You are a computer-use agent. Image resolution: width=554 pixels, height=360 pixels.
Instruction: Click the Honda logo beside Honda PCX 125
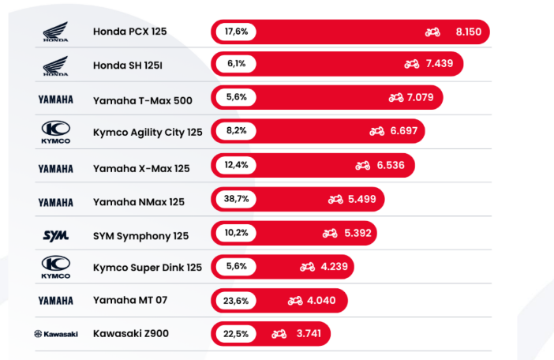click(x=55, y=32)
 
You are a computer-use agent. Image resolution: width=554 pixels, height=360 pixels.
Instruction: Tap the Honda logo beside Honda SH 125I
click(x=55, y=65)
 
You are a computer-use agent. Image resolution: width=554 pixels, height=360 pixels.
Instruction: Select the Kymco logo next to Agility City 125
click(x=55, y=132)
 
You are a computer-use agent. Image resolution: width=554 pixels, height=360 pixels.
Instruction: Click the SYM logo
click(x=55, y=235)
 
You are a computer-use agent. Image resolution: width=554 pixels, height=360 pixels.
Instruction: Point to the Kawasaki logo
click(x=56, y=334)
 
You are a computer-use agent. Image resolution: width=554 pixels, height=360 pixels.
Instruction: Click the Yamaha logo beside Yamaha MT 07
click(x=55, y=301)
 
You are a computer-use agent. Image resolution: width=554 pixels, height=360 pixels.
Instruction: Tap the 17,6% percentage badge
click(x=237, y=32)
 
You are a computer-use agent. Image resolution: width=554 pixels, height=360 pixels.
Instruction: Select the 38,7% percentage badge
click(x=237, y=199)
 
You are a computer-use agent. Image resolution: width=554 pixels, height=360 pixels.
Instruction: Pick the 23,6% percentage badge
click(x=237, y=300)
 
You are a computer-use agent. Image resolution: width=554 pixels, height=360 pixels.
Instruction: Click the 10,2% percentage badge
click(x=237, y=233)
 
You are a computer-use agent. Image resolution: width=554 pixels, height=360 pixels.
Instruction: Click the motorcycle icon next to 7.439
click(x=411, y=64)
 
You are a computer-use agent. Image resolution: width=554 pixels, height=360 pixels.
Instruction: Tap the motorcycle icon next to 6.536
click(x=362, y=166)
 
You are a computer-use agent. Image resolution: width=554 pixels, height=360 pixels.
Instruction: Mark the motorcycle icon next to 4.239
click(x=307, y=267)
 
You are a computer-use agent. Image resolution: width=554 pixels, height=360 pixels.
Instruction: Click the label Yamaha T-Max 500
click(x=142, y=99)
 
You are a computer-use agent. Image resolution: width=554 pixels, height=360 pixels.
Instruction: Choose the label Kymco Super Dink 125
click(x=148, y=268)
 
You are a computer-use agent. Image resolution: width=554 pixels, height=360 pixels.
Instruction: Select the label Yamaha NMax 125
click(x=139, y=201)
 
